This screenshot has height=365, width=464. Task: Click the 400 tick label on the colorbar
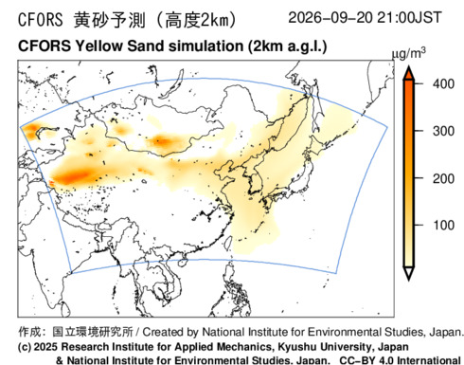[x=443, y=84]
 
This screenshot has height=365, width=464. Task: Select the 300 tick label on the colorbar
[x=443, y=131]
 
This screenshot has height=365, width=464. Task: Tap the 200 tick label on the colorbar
[x=443, y=179]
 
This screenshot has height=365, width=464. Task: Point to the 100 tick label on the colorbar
[x=443, y=226]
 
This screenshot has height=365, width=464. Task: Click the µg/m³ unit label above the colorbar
[x=408, y=54]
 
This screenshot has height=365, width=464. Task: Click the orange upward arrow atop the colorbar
[x=409, y=73]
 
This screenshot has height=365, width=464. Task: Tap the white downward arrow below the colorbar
[x=409, y=273]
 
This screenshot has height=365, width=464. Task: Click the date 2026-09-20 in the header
[x=330, y=17]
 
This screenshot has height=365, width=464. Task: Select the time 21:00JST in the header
[x=409, y=17]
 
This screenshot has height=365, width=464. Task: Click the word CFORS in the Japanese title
[x=41, y=20]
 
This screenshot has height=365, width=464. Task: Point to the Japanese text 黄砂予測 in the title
[x=110, y=20]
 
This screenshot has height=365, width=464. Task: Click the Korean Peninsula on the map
[x=257, y=180]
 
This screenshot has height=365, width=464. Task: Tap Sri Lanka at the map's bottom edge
[x=65, y=310]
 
